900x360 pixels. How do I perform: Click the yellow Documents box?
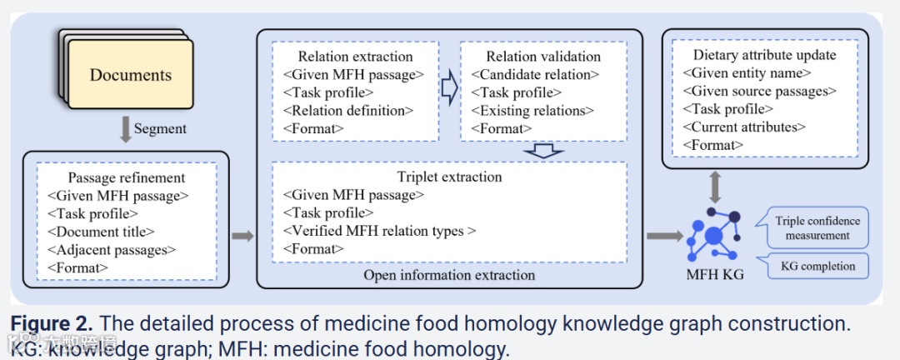point(130,75)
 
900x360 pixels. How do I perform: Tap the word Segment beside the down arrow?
point(161,129)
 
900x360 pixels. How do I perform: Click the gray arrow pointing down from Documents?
point(125,129)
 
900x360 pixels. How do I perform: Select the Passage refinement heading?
point(127,177)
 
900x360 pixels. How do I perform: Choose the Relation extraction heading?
point(355,57)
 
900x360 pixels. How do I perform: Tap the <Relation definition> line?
point(348,110)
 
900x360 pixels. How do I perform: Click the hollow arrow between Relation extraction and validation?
point(449,85)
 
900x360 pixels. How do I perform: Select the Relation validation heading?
point(542,57)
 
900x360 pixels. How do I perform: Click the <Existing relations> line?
point(532,110)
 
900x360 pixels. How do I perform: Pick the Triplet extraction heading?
point(449,177)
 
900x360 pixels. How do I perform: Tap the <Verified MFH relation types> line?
point(379,231)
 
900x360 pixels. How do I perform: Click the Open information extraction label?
point(449,274)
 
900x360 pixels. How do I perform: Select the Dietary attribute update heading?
point(764,55)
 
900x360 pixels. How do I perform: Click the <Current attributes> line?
point(744,127)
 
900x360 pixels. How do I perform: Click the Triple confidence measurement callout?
point(817,227)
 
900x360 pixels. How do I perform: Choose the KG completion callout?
point(817,266)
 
